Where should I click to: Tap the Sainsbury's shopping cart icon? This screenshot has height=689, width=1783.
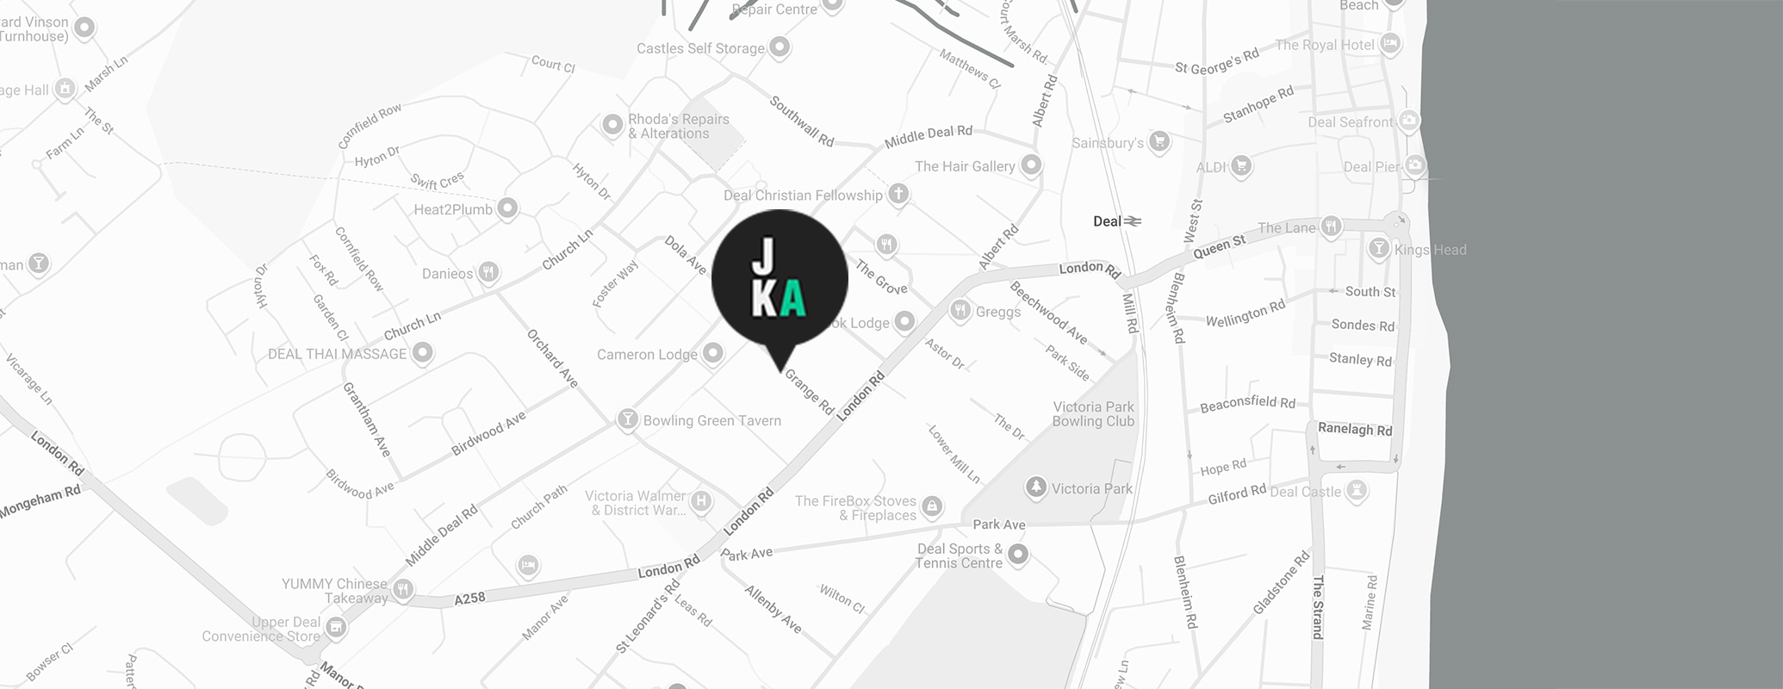pos(1159,141)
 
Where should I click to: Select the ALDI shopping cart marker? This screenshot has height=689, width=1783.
pos(1240,165)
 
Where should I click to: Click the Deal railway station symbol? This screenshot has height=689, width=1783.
pos(1133,221)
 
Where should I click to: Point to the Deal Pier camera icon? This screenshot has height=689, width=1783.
pos(1414,165)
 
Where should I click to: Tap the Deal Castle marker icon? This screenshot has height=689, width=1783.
pos(1357,491)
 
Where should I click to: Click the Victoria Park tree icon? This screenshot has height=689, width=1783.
pos(1036,487)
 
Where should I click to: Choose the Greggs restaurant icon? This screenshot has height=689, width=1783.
pos(960,310)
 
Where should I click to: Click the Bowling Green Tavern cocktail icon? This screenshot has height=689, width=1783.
pos(627,419)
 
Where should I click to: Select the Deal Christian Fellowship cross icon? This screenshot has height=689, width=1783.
pos(898,194)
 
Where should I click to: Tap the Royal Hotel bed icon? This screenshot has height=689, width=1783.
pos(1389,43)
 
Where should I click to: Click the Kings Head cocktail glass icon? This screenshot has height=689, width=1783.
pos(1379,249)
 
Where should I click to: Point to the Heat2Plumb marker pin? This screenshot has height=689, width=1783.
pos(508,208)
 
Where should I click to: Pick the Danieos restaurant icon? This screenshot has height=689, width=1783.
pos(488,272)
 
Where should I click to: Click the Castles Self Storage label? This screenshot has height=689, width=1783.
pos(700,48)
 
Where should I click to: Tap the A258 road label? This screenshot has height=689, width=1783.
pos(469,598)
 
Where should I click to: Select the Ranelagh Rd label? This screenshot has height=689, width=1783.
pos(1354,429)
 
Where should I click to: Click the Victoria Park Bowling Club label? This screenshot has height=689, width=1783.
pos(1093,413)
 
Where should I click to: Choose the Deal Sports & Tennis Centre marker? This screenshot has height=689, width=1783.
pos(1018,554)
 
